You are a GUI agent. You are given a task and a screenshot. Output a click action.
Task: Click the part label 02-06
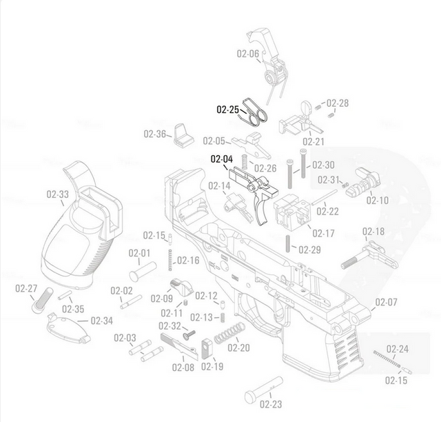coord(248,54)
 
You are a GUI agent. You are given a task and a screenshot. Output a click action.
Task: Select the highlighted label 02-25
coord(227,109)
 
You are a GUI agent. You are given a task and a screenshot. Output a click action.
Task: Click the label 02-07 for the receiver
coord(386,302)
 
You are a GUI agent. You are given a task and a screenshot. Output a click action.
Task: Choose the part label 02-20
coord(238,348)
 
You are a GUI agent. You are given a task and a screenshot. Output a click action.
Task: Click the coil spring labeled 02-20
coord(228,331)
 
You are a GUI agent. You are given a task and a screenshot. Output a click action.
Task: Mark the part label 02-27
coord(27,288)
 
